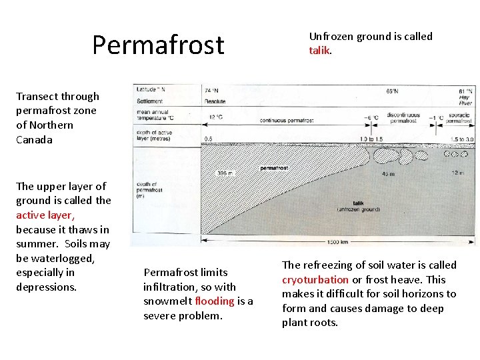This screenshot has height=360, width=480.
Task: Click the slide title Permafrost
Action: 158,45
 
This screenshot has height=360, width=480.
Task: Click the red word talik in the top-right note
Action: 319,51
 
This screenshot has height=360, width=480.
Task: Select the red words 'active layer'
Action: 45,215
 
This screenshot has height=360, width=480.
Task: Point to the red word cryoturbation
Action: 315,279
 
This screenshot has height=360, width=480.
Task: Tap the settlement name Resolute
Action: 214,101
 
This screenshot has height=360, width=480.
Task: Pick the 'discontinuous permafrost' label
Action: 402,118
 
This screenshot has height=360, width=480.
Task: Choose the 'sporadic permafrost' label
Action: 459,119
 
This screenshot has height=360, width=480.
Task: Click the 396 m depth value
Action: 225,173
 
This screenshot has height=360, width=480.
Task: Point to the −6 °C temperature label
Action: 370,118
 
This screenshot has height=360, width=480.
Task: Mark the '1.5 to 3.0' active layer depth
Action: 461,138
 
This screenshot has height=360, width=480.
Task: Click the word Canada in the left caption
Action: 35,139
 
